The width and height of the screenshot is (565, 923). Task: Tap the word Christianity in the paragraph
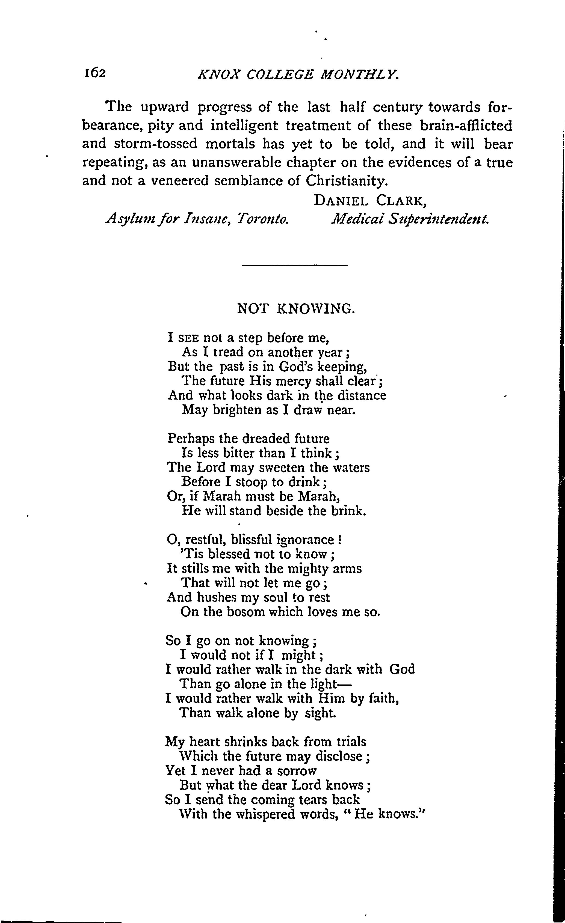[x=346, y=181]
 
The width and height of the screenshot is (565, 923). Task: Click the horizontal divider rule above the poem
[x=295, y=266]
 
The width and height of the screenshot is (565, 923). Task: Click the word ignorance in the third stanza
[x=305, y=540]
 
